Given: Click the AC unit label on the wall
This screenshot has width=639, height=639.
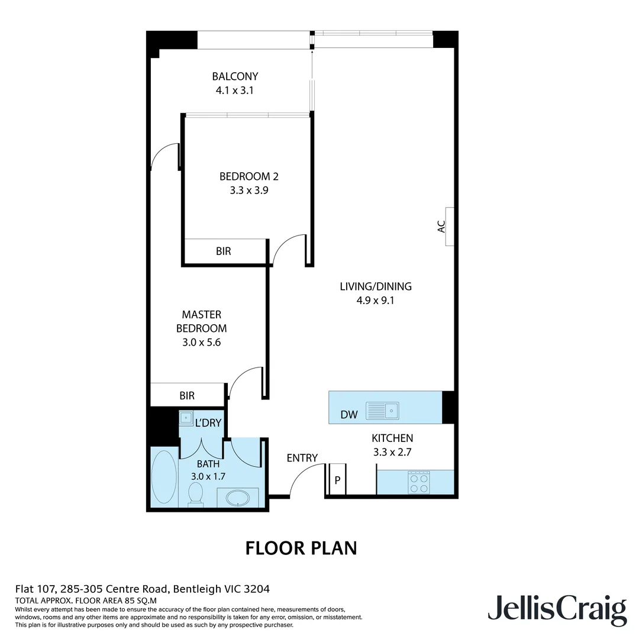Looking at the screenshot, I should pos(441,227).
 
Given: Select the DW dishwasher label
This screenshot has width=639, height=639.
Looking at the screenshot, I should pos(349,415).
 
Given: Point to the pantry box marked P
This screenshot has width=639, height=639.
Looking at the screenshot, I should pos(337,480).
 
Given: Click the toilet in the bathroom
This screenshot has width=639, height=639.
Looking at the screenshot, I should pos(195,495).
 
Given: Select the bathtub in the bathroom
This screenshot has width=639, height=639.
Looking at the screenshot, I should pos(164,478).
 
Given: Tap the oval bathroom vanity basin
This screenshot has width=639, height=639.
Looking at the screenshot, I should pos(239,497).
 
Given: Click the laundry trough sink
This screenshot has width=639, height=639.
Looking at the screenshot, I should pos(187,418).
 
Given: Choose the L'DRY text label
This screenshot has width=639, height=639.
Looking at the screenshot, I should pos(208,422).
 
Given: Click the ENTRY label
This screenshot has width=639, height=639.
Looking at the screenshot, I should pos(302,457).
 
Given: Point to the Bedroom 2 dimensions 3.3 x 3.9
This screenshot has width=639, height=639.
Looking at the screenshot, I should pos(248,191).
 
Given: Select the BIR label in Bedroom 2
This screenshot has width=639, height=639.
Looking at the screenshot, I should pos(224,251).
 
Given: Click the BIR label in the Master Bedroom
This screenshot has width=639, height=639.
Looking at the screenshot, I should pos(187,396).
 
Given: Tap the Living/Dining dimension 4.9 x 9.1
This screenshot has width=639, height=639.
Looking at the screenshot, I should pos(375,300).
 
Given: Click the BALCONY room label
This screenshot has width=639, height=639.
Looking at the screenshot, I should pos(235,76).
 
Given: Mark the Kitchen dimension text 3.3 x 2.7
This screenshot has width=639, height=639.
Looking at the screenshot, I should pos(392,453).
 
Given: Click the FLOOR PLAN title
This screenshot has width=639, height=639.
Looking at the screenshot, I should pos(301,548).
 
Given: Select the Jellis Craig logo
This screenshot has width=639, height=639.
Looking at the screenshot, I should pos(557,609).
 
